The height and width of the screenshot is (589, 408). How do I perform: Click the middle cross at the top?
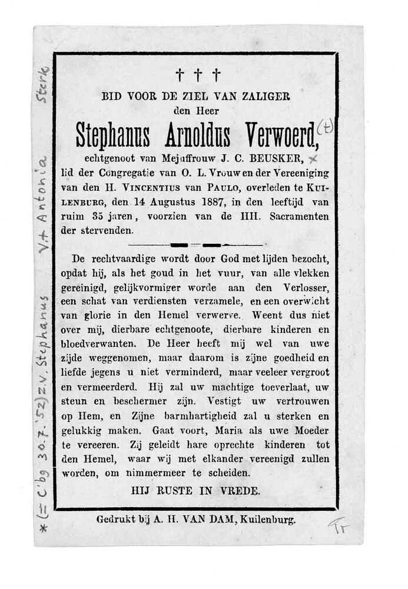click(198, 75)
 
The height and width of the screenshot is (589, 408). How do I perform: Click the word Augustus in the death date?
click(175, 202)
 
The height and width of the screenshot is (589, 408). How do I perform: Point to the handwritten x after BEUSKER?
click(316, 159)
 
